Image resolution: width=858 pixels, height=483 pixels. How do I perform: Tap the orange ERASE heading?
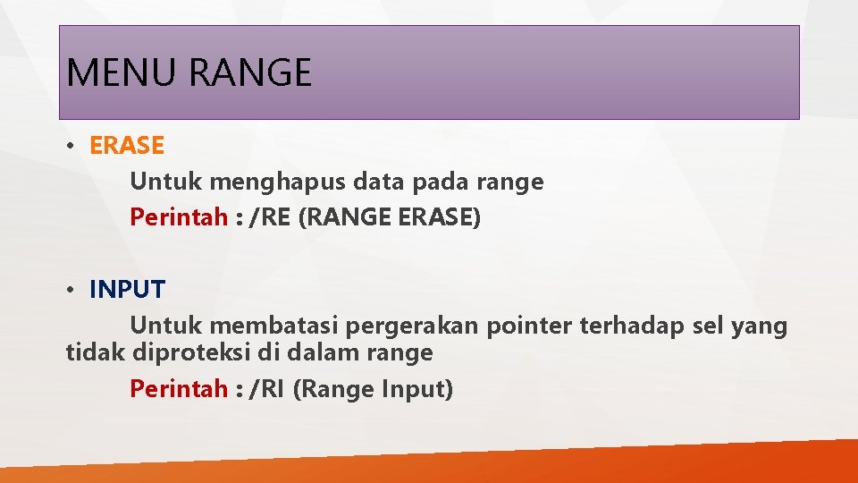(x=127, y=145)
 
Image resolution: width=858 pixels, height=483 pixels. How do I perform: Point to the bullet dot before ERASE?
(x=70, y=146)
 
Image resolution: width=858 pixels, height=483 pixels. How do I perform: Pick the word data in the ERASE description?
(x=378, y=182)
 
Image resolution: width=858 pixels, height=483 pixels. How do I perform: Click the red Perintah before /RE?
(x=179, y=218)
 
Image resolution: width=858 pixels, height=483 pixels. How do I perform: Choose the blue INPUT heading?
(x=127, y=290)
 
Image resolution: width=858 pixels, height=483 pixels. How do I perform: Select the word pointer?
(x=530, y=326)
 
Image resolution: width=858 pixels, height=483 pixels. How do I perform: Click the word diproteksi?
(x=191, y=353)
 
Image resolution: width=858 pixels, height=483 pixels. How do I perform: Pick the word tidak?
(x=96, y=353)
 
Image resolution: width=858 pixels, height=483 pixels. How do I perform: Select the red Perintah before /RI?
(x=179, y=390)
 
